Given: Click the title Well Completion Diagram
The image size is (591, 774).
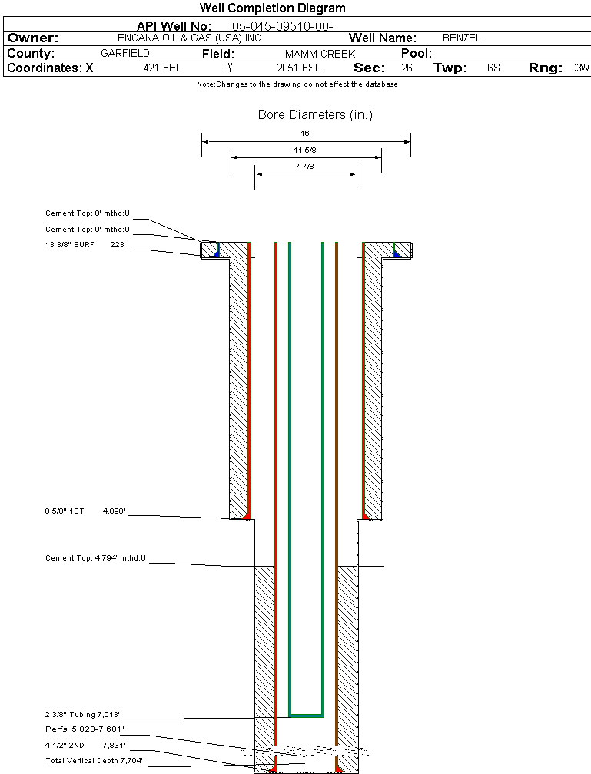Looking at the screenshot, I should tap(272, 8).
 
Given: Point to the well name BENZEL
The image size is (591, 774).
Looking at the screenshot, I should tap(461, 38).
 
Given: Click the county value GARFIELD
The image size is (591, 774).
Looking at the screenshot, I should tap(125, 54).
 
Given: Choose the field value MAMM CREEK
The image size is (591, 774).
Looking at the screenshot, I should tap(320, 54).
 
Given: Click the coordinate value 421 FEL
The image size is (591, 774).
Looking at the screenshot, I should tap(162, 68).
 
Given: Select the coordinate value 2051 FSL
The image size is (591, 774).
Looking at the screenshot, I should tap(298, 68).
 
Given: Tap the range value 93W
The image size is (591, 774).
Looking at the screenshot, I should tap(580, 68).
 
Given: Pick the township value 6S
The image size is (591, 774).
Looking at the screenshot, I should tap(493, 68).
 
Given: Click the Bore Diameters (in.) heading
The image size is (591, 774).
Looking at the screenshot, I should tap(315, 115).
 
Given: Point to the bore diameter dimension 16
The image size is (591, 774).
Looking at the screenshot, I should tap(305, 134).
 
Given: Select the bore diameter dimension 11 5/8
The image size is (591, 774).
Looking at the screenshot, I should tap(305, 150).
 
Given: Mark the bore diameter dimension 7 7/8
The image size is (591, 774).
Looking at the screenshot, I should tap(305, 166).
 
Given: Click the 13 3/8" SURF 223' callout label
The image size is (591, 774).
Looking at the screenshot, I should tap(85, 245).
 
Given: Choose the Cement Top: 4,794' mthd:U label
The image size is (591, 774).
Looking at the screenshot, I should tap(95, 557).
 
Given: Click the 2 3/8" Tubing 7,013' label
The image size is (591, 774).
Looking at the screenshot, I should tap(83, 714).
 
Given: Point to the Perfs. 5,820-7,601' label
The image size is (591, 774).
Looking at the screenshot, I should tap(85, 729).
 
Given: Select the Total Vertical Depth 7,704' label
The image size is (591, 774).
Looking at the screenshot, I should tap(94, 760).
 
